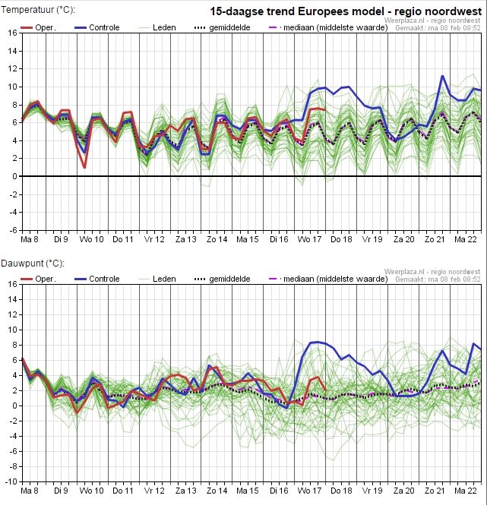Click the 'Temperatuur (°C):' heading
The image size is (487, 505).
tap(38, 10)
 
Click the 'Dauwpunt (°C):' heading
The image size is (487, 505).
tap(33, 264)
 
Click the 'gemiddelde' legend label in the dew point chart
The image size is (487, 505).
tap(229, 279)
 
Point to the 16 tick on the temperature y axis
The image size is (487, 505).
tap(13, 33)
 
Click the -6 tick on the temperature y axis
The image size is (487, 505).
tap(13, 230)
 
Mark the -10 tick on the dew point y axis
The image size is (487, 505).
tap(11, 481)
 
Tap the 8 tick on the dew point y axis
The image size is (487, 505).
tap(15, 345)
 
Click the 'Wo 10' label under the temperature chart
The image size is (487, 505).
tap(92, 239)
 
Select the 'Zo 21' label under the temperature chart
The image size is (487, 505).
tap(435, 239)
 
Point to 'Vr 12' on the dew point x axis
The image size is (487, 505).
tap(154, 491)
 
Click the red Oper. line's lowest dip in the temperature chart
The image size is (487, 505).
tap(84, 168)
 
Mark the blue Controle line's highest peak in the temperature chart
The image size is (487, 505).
tap(442, 76)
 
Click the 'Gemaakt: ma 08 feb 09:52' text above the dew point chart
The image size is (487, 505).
tap(438, 279)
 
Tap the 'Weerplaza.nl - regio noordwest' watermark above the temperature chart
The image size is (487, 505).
tap(432, 21)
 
